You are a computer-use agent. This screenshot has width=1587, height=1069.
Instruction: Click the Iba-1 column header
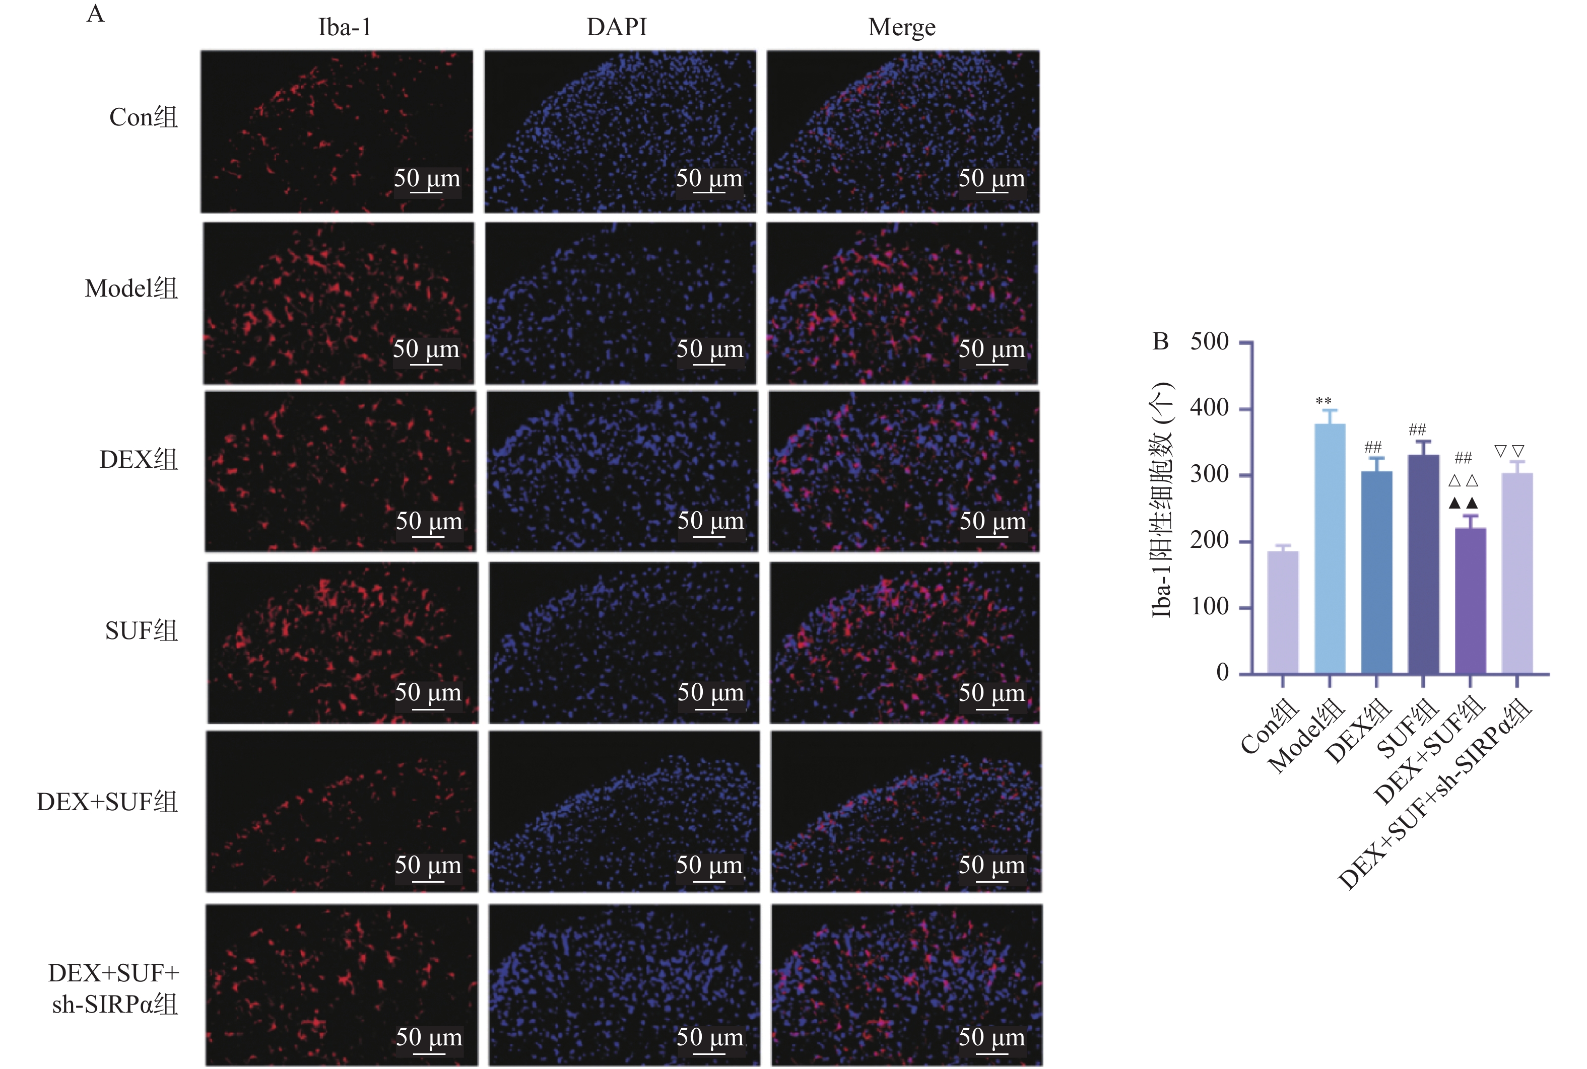[x=345, y=27]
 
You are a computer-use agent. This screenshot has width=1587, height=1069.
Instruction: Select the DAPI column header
[x=617, y=27]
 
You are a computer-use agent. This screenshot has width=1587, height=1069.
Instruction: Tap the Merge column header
[x=902, y=27]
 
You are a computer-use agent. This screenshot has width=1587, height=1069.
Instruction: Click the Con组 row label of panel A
[x=143, y=117]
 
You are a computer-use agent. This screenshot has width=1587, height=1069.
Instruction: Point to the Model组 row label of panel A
[x=131, y=289]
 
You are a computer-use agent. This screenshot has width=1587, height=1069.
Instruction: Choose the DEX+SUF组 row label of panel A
[x=107, y=802]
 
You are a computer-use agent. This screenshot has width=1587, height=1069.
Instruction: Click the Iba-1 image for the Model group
[x=338, y=304]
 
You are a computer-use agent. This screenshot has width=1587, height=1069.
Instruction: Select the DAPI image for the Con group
[x=620, y=131]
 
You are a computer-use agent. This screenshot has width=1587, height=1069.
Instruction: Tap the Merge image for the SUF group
[x=904, y=642]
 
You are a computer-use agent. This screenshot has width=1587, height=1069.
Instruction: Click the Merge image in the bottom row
[x=906, y=984]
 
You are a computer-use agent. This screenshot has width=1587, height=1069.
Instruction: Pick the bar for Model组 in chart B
[x=1330, y=549]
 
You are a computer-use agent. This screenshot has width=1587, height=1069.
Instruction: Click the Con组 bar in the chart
[x=1283, y=612]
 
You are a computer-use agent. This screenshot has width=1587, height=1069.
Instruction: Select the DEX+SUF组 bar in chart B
[x=1471, y=601]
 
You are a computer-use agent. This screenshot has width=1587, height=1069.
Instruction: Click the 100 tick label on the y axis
[x=1209, y=606]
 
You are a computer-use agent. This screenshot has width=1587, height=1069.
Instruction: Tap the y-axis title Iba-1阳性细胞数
[x=1161, y=501]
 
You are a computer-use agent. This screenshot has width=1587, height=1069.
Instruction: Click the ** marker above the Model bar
[x=1324, y=401]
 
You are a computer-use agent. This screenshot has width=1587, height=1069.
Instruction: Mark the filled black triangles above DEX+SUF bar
[x=1463, y=503]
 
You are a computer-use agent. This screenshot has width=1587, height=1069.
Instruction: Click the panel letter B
[x=1160, y=341]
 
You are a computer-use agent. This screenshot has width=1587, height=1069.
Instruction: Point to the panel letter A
[x=96, y=14]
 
